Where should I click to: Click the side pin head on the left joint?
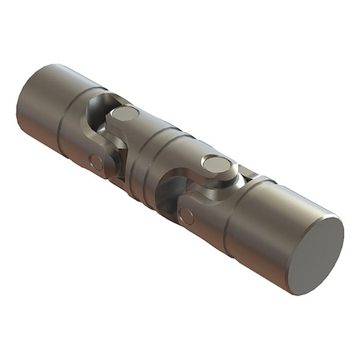[97, 162]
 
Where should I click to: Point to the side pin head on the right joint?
[187, 214]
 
